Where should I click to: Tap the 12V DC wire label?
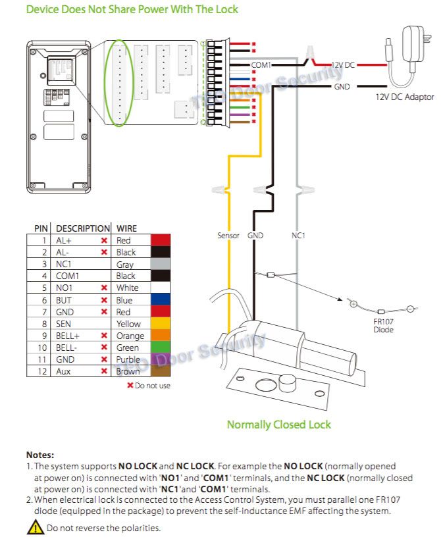(x=342, y=65)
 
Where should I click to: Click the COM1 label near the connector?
(x=261, y=65)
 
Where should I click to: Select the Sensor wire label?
(x=228, y=235)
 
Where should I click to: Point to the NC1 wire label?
(x=298, y=235)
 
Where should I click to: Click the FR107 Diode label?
(x=383, y=325)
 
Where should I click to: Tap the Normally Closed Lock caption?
(x=278, y=425)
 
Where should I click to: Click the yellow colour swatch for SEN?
(x=161, y=324)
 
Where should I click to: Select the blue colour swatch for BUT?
(x=161, y=300)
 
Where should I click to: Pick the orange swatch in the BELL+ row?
(x=161, y=336)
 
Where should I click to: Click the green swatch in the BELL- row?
(x=161, y=348)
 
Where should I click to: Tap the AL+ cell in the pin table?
(x=64, y=241)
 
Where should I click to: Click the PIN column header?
(x=40, y=228)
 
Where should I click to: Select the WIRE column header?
(x=126, y=228)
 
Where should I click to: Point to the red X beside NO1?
(x=104, y=288)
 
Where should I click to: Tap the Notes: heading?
(x=40, y=455)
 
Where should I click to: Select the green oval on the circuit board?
(x=119, y=83)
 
